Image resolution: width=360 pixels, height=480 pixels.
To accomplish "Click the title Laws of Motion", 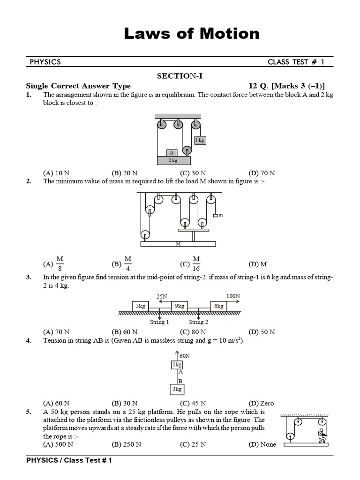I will coord(191,34).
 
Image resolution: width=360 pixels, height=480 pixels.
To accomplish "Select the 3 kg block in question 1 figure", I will coord(200,140).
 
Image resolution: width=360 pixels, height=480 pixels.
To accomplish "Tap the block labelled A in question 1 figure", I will coord(172,152).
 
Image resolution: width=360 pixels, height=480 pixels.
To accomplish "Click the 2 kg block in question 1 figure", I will coord(173,160).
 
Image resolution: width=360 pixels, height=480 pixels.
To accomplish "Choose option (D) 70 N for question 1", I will coord(262,172).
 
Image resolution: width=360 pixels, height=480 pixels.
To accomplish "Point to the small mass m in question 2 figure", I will coord(216,215).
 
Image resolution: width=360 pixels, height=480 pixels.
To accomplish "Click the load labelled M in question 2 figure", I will coord(178,244).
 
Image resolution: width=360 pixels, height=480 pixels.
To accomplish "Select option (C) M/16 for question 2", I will coord(190,264).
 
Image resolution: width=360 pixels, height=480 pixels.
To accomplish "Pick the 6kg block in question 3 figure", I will coord(219,306).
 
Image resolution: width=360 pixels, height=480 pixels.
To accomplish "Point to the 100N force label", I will coord(232,296).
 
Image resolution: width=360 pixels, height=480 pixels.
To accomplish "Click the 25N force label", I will coord(162,296).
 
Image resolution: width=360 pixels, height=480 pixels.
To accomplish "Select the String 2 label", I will coord(199,322).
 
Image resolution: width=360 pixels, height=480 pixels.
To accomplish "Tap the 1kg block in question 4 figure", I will coord(178,365).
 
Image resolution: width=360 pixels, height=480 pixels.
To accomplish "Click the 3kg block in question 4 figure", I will coord(178,389).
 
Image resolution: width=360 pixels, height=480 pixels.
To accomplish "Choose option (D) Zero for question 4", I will coord(262,403).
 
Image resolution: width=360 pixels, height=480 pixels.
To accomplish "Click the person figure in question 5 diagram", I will coord(322,435).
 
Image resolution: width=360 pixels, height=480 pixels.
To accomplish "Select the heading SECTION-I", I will coord(180,76).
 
